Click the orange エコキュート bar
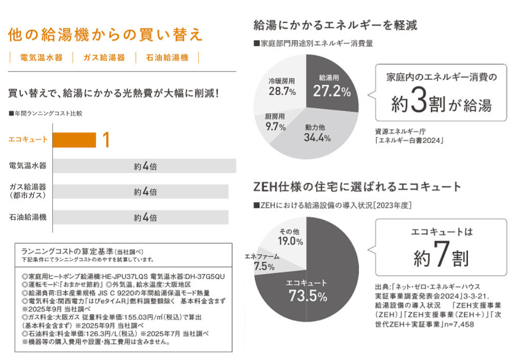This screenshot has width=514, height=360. pos(74,140)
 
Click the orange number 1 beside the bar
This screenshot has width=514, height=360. pos(106,140)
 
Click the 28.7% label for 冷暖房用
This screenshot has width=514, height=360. pos(282,92)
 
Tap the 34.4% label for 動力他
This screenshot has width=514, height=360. pos(317,137)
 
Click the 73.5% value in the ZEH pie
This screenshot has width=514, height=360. pos(308,296)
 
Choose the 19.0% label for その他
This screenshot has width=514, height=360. pos(290,241)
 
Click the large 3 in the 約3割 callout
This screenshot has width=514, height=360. pos(419,103)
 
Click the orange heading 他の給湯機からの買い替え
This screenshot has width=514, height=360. pos(105,34)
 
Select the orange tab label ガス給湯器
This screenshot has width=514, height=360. pos(104,58)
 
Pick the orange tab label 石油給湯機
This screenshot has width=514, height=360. pos(168,58)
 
